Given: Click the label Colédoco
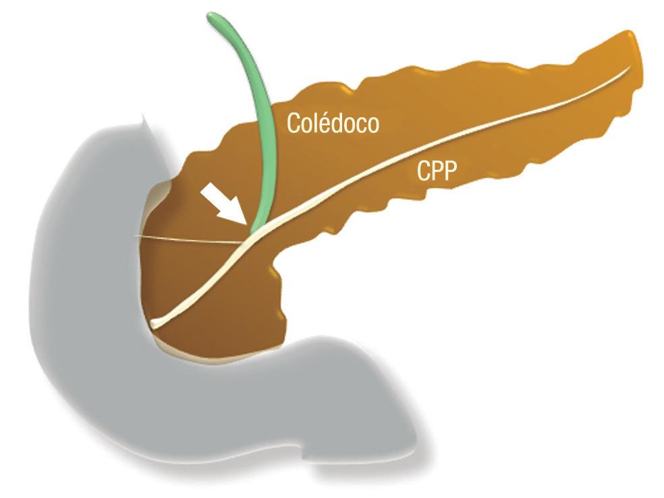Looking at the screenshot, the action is (x=333, y=123).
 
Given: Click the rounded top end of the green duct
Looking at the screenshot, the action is (x=215, y=15).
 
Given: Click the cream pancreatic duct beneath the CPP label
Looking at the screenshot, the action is (x=432, y=152).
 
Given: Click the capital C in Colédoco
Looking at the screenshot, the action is (x=294, y=123).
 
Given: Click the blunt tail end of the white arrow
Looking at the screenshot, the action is (x=204, y=193).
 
